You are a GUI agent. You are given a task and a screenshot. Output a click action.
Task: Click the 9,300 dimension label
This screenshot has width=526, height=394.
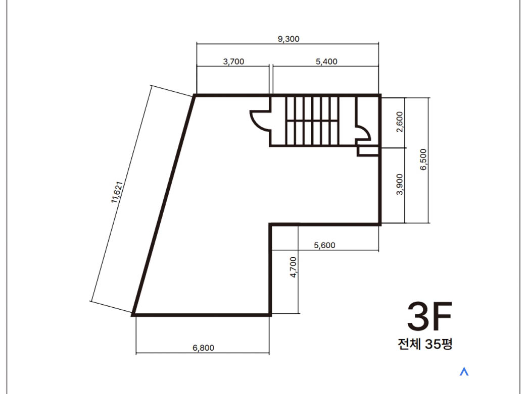[x=289, y=39]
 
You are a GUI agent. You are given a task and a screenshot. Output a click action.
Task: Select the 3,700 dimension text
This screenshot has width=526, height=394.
[x=234, y=62]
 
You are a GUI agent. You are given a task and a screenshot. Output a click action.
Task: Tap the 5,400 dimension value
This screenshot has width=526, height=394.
[x=326, y=62]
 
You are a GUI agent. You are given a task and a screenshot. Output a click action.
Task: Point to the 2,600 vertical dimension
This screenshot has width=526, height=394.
[x=400, y=122]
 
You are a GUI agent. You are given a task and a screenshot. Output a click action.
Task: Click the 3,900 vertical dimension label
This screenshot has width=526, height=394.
[x=400, y=184]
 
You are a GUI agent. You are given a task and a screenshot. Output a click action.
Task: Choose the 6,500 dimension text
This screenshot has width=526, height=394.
[x=423, y=159]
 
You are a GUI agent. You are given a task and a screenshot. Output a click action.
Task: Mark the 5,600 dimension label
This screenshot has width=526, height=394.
[x=325, y=245]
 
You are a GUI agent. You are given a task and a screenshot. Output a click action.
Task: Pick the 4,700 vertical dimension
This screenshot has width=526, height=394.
[x=294, y=267]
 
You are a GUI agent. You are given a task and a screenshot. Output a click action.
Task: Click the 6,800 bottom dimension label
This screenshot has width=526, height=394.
[x=203, y=348]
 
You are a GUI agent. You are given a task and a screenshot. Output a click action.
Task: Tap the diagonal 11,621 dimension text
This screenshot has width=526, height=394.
[x=117, y=192]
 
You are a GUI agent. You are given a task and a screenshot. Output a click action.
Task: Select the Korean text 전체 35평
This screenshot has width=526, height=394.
[x=425, y=344]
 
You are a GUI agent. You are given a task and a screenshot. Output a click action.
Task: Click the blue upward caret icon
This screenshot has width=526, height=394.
[x=464, y=372]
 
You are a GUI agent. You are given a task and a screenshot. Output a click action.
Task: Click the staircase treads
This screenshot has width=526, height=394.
[x=312, y=121]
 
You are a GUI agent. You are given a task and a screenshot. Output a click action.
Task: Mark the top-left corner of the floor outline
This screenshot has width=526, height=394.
[x=195, y=96]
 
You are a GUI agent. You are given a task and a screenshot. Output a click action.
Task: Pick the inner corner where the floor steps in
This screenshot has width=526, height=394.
[x=270, y=224]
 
